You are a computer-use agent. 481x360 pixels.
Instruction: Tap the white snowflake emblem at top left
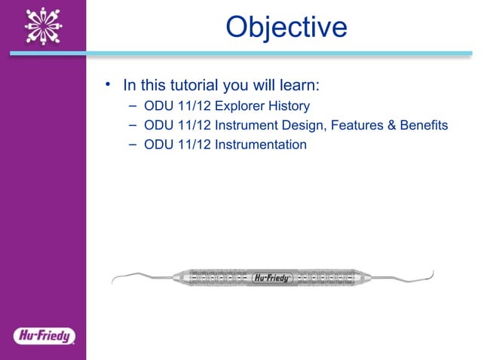click(42, 27)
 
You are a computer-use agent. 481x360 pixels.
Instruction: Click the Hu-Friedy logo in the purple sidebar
click(43, 335)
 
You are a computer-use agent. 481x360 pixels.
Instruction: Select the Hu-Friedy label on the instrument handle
click(272, 276)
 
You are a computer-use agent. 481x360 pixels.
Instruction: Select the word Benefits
click(421, 124)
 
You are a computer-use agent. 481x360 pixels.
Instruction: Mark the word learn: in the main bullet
click(302, 84)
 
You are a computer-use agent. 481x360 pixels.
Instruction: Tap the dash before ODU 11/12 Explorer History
click(132, 105)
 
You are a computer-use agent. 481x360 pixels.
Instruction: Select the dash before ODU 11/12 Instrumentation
click(132, 143)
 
